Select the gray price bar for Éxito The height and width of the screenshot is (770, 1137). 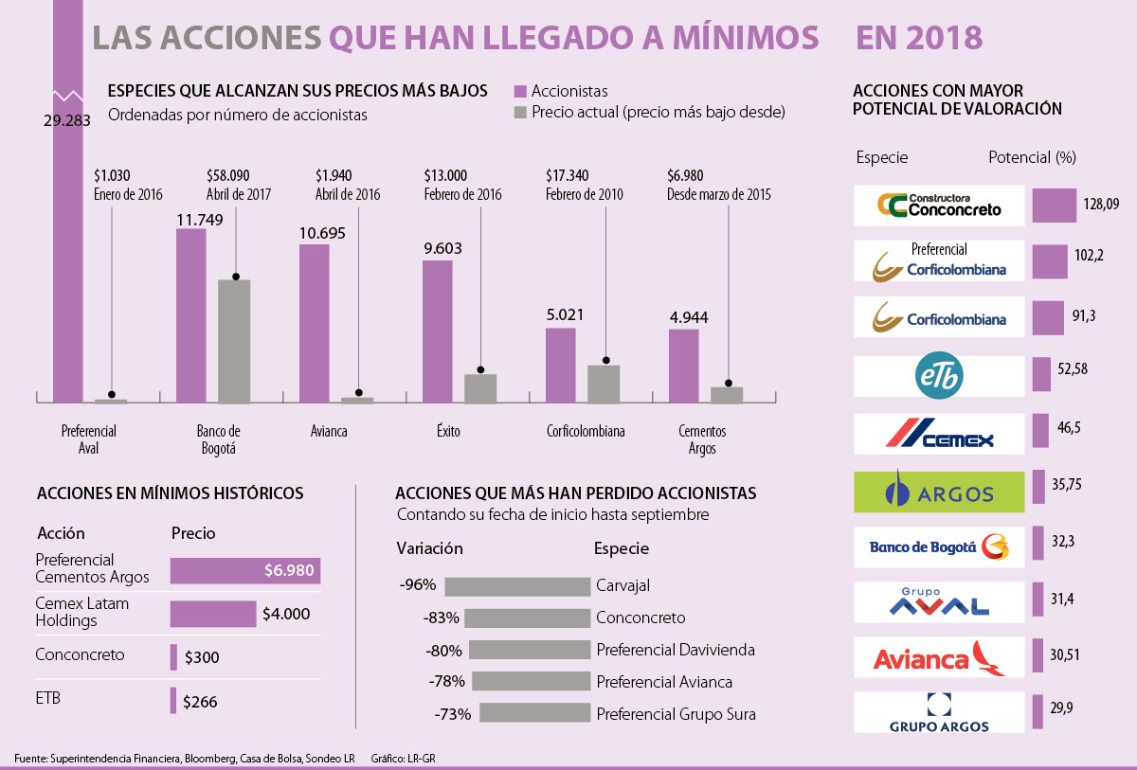click(480, 389)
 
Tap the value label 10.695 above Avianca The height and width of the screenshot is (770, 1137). click(314, 233)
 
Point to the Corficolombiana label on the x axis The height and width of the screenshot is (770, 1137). click(586, 431)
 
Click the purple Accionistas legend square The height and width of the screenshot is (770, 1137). click(519, 92)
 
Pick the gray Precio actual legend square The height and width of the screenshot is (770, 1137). click(519, 113)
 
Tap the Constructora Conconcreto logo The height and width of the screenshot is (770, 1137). click(938, 205)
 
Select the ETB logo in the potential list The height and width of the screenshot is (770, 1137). click(938, 376)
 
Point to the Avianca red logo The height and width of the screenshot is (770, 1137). click(938, 657)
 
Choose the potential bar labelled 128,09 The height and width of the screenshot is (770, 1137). click(1054, 205)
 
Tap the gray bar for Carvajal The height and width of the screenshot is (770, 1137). click(516, 586)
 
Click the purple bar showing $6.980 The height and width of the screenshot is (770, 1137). click(245, 571)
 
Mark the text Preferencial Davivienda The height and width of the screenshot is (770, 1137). click(676, 650)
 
